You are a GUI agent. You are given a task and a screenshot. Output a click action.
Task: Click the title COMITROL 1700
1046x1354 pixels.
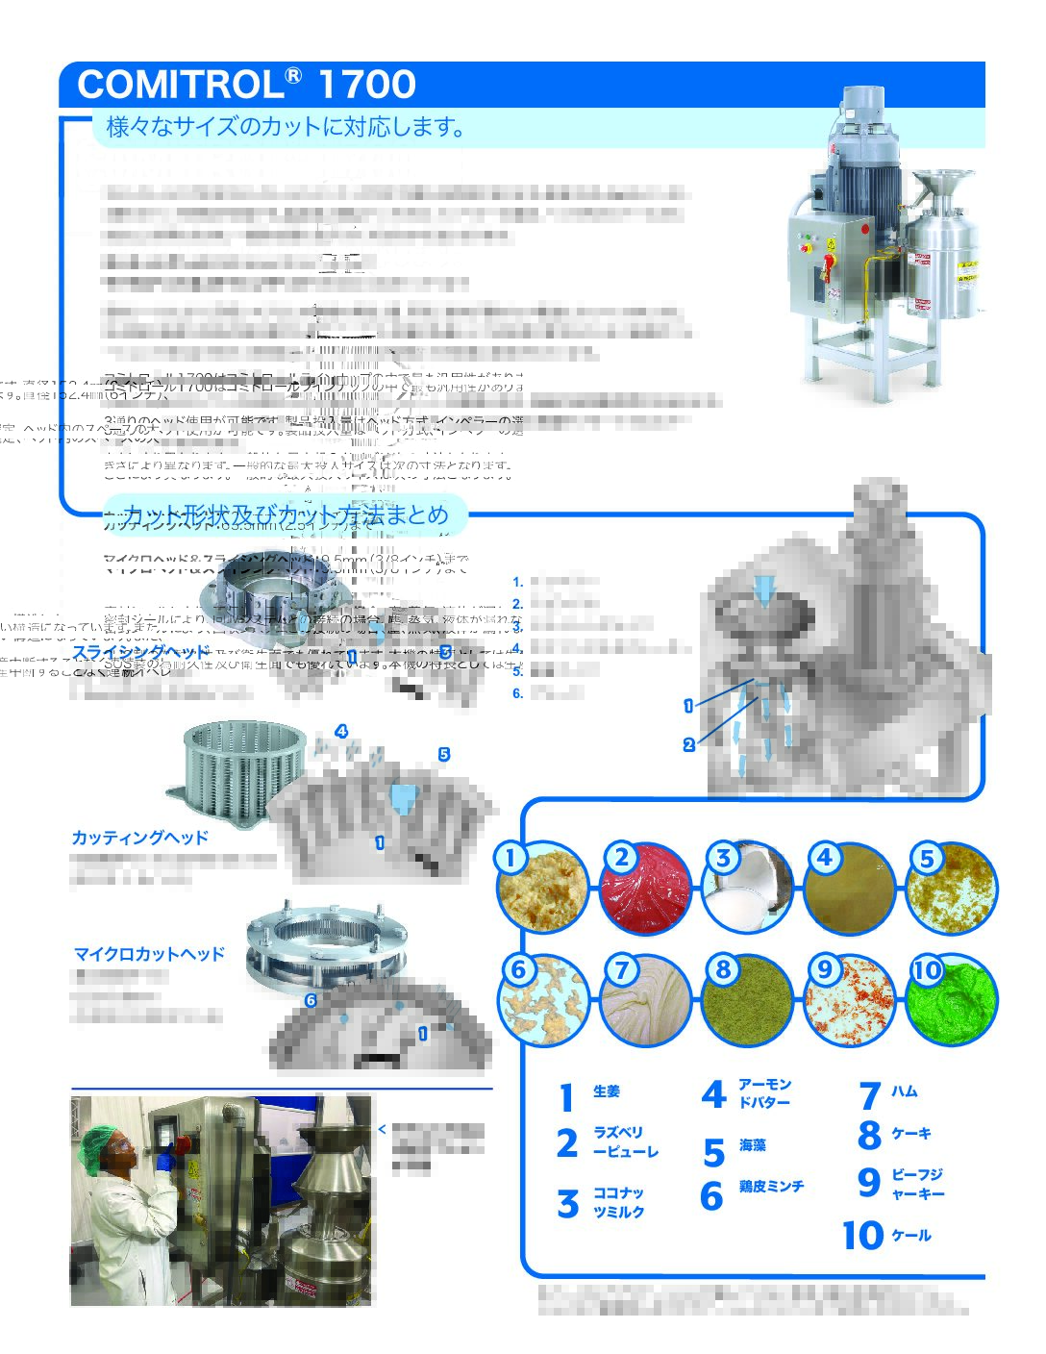246,85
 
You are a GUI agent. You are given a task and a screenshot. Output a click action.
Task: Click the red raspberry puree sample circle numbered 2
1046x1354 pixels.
645,889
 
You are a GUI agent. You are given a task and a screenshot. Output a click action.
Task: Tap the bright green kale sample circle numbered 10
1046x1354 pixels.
954,1001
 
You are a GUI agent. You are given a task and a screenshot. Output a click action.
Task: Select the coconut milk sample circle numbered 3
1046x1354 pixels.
748,889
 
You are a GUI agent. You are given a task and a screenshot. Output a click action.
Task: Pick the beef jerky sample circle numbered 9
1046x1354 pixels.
851,1001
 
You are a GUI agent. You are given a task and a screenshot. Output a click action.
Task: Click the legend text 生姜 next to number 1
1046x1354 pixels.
607,1091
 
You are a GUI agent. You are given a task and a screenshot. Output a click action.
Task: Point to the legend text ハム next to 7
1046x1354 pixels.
904,1091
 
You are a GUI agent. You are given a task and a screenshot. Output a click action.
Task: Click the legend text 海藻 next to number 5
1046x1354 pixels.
753,1145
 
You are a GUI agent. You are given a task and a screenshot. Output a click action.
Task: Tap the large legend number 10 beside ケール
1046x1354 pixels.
862,1236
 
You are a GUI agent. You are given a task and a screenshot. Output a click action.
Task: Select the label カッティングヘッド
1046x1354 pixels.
139,838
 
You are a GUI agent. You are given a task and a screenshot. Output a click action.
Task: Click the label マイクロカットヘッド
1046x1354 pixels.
149,954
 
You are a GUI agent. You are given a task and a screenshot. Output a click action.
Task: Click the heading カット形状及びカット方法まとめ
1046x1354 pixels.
286,514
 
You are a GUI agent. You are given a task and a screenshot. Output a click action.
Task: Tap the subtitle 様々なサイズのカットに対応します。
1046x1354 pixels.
286,127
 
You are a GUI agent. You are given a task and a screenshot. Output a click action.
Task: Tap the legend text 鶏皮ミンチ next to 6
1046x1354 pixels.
771,1187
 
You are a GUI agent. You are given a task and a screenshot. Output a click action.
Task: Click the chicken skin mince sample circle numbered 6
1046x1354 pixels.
545,1001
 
